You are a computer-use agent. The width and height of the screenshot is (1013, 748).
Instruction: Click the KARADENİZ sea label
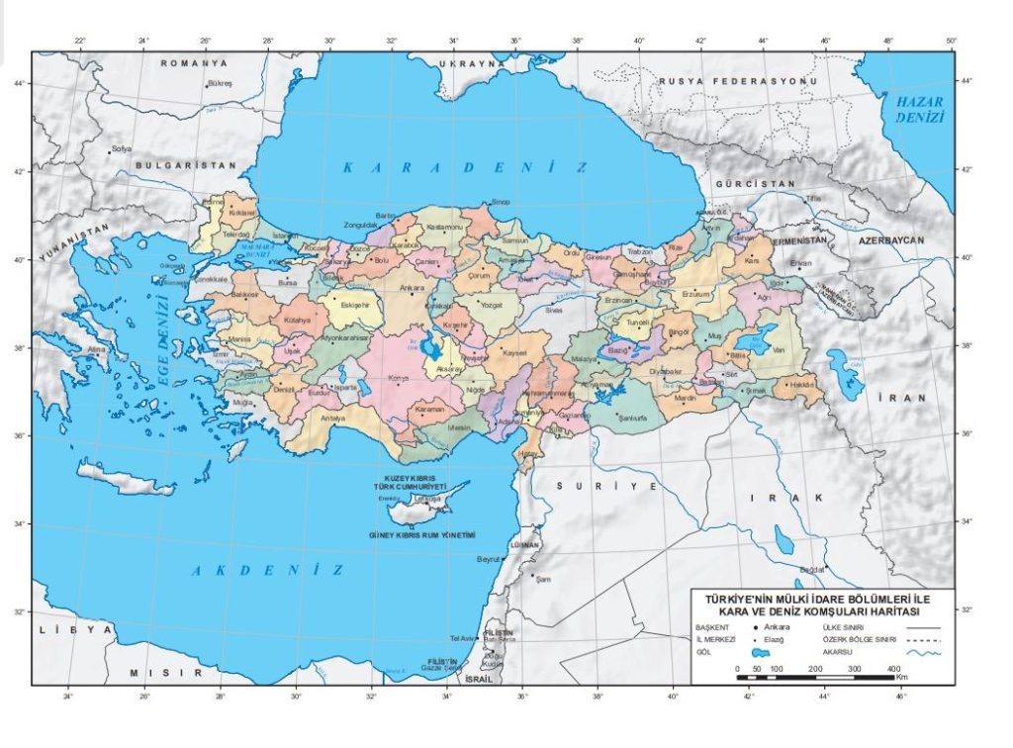465,168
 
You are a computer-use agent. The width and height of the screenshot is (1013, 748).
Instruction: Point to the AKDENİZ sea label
267,571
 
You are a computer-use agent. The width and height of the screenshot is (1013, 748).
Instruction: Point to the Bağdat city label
812,569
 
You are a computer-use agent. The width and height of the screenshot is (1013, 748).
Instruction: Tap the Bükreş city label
220,84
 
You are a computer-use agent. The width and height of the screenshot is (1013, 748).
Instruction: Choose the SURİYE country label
606,487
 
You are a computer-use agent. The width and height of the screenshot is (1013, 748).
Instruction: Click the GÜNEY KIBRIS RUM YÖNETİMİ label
423,535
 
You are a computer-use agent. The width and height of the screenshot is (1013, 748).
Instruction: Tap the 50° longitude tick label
951,41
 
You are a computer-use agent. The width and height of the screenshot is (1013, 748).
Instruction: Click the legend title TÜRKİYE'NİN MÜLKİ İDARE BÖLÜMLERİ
823,599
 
